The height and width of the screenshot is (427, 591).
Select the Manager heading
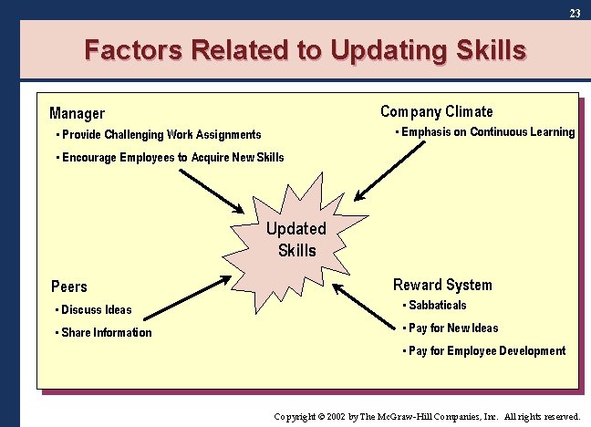tap(77, 114)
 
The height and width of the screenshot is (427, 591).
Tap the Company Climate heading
tap(436, 112)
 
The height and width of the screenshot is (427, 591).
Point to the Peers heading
tap(69, 286)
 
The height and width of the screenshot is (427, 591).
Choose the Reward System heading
tap(441, 285)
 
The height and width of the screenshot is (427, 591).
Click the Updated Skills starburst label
tap(295, 240)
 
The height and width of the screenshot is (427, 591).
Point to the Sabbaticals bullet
tap(437, 306)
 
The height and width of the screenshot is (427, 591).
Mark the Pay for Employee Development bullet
tap(486, 351)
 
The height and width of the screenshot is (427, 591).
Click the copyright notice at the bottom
tap(427, 416)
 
